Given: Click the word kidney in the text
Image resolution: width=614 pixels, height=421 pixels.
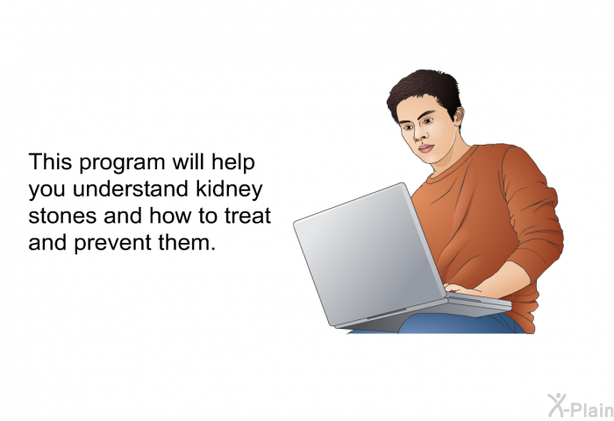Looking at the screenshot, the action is click(229, 190).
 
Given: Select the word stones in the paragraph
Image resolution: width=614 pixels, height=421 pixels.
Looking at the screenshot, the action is click(62, 217).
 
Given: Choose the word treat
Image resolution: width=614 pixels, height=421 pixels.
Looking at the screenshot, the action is click(248, 216).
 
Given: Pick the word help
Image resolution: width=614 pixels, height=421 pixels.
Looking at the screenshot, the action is click(233, 163).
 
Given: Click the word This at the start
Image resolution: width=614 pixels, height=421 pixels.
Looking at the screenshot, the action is click(50, 161).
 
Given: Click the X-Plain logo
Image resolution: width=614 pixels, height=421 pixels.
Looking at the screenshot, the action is click(581, 406).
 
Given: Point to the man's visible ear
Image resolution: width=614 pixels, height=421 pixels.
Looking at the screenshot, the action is click(459, 116).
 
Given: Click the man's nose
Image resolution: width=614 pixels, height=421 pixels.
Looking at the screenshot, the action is click(419, 134).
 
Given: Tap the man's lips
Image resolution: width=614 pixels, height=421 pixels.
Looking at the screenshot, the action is click(426, 149).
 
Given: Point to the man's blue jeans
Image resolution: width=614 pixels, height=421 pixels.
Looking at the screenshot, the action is click(458, 324).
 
